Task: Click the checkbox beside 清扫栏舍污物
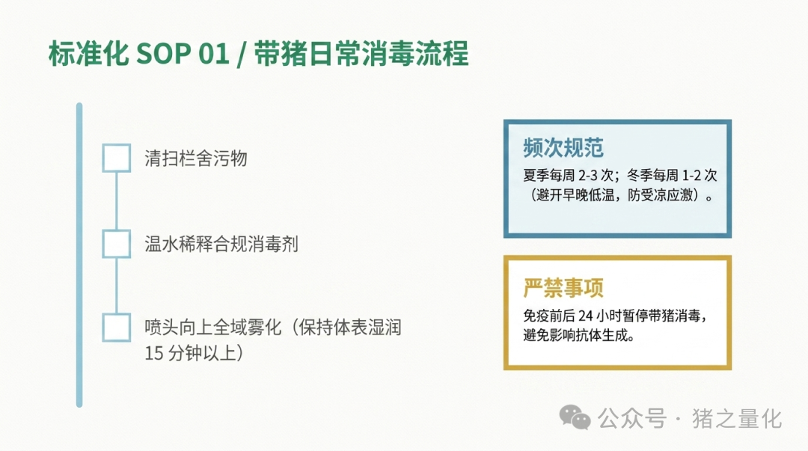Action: click(117, 158)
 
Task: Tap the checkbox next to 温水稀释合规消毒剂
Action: click(117, 244)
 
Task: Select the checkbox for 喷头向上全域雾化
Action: click(117, 328)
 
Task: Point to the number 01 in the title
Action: click(214, 54)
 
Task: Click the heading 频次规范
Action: click(563, 148)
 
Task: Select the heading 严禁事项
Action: click(563, 288)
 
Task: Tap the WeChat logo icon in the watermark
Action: click(575, 417)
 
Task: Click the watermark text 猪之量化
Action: click(737, 419)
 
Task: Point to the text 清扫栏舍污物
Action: click(196, 159)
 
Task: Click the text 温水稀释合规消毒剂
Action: click(221, 244)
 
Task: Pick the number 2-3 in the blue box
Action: click(589, 176)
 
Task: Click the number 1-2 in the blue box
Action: click(691, 176)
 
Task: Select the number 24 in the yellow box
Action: click(585, 316)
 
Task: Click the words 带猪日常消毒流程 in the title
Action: click(361, 54)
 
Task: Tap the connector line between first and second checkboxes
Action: click(117, 201)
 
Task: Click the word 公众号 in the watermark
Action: click(632, 419)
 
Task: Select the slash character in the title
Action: click(241, 55)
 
